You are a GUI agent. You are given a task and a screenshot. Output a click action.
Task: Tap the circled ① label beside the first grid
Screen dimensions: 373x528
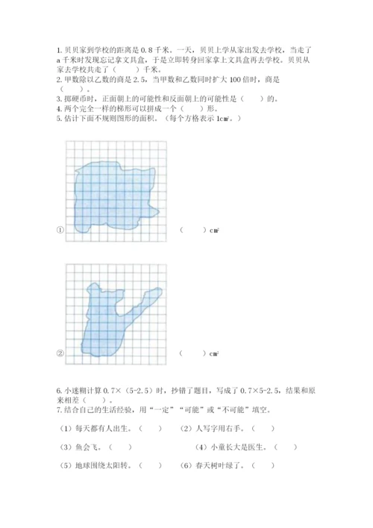[x=60, y=229]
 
